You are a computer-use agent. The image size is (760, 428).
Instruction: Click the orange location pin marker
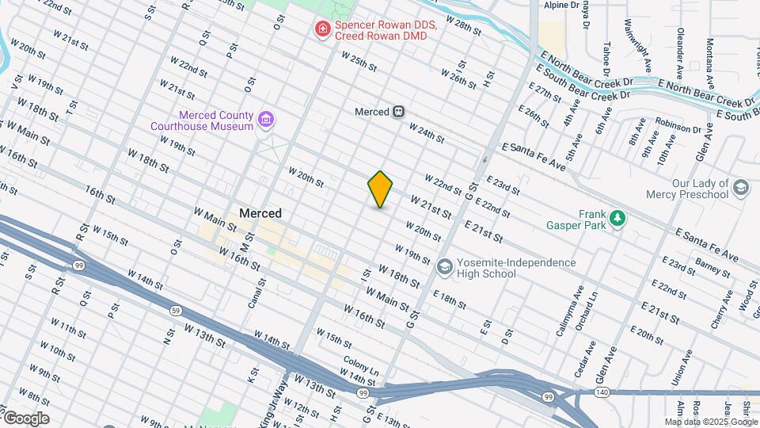pos(381,189)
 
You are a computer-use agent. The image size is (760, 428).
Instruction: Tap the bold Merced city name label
pos(260,213)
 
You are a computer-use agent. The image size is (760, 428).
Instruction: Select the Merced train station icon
pos(400,112)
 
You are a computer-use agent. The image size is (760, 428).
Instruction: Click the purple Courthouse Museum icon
pos(266,120)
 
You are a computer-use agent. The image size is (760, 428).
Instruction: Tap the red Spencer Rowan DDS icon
pos(321,30)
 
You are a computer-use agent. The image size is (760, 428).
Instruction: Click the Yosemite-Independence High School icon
pos(443,268)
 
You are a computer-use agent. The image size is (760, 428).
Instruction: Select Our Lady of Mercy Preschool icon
pos(740,189)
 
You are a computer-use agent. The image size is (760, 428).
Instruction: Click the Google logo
pos(25,418)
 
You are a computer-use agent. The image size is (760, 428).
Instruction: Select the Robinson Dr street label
pos(678,125)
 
